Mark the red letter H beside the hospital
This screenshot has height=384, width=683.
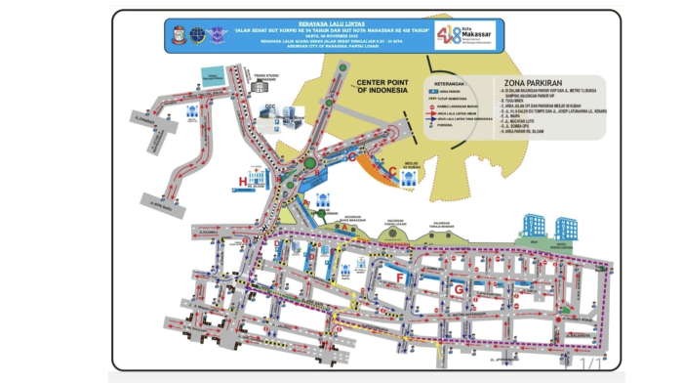244,181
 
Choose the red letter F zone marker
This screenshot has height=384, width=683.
399,278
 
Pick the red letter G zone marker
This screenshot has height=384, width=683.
457,289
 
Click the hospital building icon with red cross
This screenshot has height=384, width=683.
259,179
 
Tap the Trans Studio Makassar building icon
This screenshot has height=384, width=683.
264,86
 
